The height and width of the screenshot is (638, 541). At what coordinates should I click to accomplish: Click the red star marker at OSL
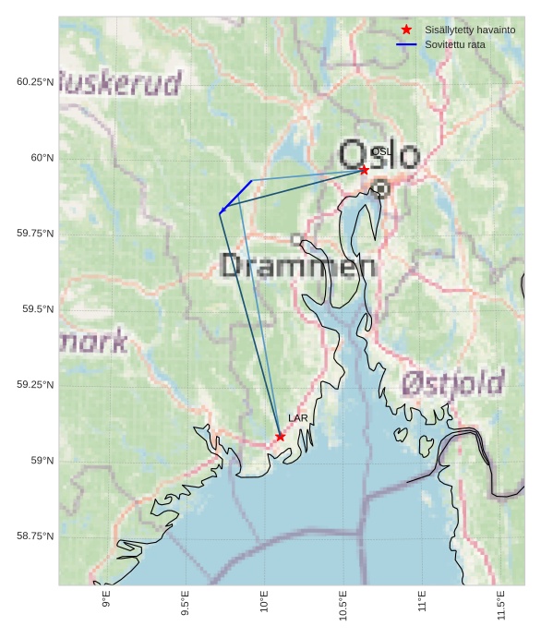364,170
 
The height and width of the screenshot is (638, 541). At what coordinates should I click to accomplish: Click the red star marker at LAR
280,437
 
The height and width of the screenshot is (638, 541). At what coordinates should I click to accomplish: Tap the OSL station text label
381,151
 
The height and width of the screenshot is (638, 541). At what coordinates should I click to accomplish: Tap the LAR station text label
297,418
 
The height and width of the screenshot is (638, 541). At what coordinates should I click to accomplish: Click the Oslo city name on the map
379,155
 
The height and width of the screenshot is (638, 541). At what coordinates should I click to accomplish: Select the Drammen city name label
297,266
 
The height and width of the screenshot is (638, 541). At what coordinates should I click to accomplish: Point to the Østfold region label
453,382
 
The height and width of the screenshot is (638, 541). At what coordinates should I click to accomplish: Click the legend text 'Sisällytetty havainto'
469,30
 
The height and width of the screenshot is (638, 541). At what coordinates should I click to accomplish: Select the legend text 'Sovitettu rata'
454,44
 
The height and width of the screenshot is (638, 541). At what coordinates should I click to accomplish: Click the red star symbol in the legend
406,30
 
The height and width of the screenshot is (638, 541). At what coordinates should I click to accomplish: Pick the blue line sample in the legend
406,44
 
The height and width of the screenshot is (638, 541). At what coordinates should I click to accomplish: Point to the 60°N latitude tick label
42,158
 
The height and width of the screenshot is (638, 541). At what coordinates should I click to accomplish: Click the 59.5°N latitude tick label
38,309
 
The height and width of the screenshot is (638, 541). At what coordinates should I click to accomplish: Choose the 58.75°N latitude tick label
35,536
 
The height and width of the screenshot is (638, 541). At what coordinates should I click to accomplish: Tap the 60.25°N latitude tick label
35,82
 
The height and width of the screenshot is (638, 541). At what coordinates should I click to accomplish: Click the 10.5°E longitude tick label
343,604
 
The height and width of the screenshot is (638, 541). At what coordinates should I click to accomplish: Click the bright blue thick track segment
237,196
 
